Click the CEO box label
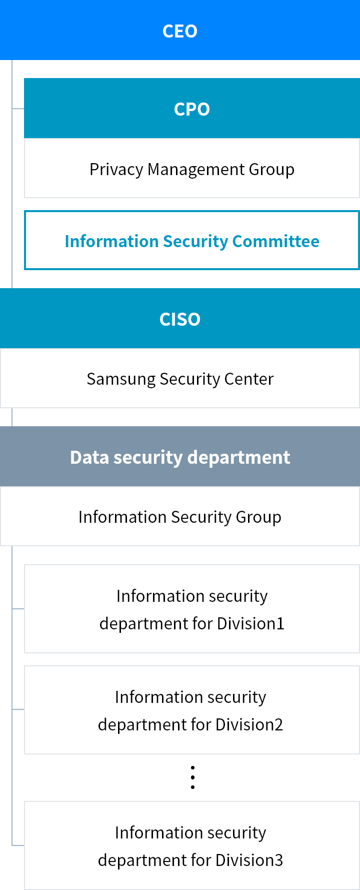tap(180, 31)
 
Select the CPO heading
tap(192, 109)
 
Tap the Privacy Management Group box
tap(192, 169)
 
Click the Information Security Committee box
tap(192, 241)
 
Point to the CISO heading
tap(180, 319)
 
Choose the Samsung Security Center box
tap(180, 379)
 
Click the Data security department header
tap(180, 457)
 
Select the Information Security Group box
tap(180, 516)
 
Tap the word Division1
tap(251, 623)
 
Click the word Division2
tap(249, 724)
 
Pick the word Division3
tap(249, 860)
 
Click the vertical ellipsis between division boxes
tap(192, 777)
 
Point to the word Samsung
tap(121, 379)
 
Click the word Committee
tap(275, 241)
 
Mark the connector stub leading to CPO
tap(18, 109)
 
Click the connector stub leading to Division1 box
tap(18, 609)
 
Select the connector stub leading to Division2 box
tap(18, 709)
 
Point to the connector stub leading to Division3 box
tap(18, 845)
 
